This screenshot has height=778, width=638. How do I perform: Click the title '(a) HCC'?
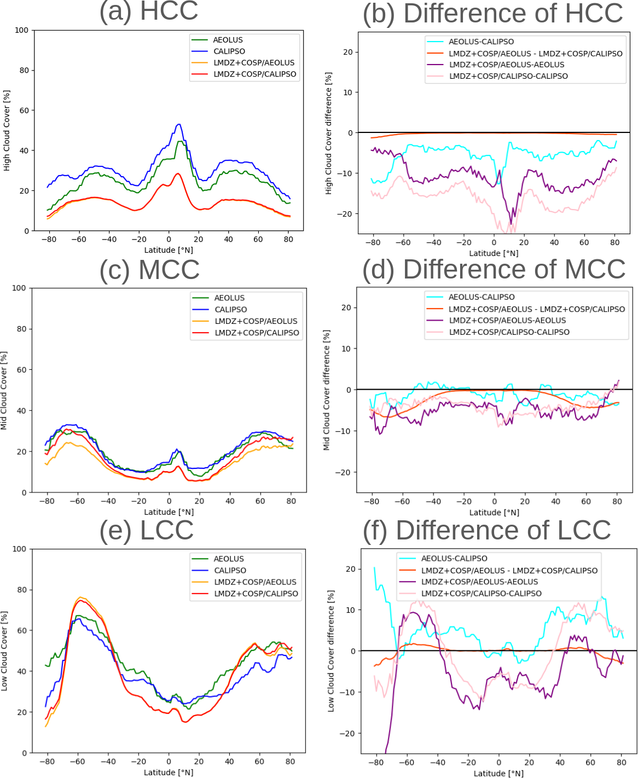[148, 11]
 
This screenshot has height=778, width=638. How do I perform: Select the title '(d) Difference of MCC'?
[494, 269]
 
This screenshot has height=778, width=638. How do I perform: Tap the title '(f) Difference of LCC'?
[486, 530]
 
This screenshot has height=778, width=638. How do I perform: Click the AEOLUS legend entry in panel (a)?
[228, 40]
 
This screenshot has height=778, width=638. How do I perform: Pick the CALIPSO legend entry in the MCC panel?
[230, 310]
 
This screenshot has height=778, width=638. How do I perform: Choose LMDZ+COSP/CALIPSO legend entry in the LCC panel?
[256, 594]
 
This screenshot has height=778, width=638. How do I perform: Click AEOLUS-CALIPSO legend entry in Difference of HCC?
[481, 42]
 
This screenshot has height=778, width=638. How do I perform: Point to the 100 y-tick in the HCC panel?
[21, 30]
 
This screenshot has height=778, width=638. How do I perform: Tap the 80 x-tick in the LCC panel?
[291, 762]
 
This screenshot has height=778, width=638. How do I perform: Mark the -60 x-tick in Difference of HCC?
[403, 242]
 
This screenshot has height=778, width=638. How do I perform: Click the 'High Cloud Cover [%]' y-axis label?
[7, 131]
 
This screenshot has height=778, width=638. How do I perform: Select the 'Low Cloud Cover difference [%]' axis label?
[330, 651]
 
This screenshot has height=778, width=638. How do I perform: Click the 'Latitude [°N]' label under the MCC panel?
[169, 512]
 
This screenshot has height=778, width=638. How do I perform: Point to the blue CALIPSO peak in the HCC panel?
[179, 124]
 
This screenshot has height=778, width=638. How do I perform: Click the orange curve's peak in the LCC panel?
[80, 597]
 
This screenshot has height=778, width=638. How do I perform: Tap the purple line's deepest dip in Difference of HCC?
[512, 224]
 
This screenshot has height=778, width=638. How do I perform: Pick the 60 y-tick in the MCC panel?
[21, 370]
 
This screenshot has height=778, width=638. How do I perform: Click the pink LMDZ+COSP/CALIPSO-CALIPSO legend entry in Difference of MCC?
[509, 332]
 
